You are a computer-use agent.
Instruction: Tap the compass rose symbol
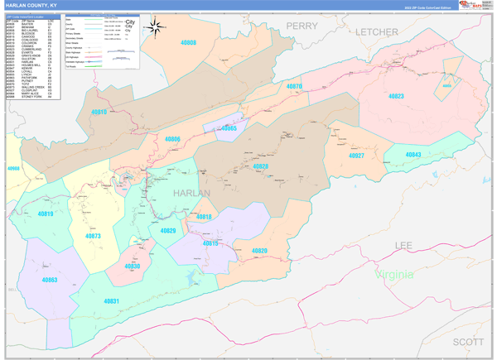tap(154, 27)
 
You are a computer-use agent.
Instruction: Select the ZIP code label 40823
tap(397, 97)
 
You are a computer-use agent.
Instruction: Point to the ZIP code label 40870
tap(294, 87)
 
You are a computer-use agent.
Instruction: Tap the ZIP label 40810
tap(99, 112)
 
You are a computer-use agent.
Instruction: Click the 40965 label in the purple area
tap(228, 128)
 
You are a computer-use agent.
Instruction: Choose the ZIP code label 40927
tap(356, 156)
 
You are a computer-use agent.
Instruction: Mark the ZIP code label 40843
tap(413, 155)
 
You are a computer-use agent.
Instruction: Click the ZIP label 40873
tap(92, 237)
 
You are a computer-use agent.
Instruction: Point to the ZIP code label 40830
tap(132, 266)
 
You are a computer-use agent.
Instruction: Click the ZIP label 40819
tap(46, 214)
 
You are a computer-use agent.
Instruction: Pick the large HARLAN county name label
tap(191, 192)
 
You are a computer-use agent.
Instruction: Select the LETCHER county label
tap(379, 31)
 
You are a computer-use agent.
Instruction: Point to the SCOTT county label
tap(469, 341)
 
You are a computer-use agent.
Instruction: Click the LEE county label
tap(403, 246)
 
